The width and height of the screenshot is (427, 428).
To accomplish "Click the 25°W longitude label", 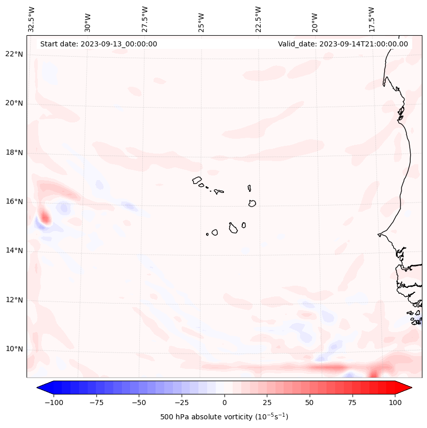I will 202,19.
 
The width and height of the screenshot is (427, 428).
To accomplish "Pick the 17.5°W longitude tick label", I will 371,19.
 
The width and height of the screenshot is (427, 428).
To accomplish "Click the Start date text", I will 98,44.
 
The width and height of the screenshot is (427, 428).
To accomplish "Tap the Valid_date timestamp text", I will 343,44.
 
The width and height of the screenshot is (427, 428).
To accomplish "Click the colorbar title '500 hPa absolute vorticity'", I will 224,417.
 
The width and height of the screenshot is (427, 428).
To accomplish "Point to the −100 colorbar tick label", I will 53,402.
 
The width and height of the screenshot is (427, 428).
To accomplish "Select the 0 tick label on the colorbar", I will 224,402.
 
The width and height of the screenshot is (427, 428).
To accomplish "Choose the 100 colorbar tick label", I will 395,402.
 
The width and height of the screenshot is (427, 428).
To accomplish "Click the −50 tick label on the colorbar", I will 138,402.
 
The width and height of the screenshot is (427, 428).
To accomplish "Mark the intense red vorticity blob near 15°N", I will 45,218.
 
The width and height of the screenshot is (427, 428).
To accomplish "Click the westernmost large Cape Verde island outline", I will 197,180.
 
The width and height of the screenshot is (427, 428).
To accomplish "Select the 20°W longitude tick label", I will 315,19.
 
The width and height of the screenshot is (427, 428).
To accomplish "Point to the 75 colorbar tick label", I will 353,402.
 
